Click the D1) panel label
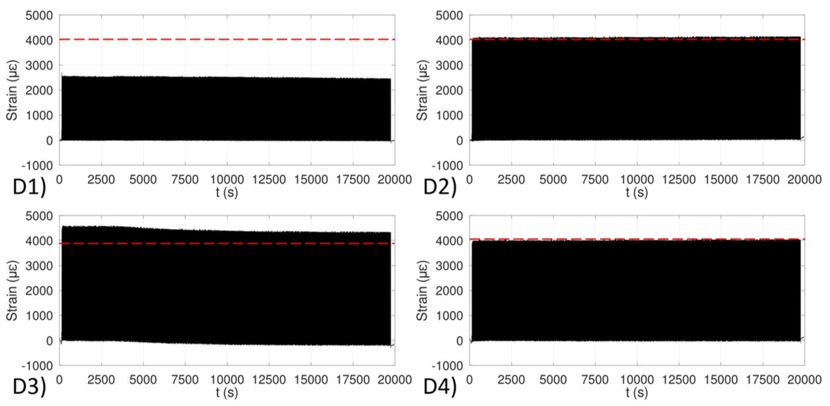(x=29, y=187)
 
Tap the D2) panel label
(x=440, y=187)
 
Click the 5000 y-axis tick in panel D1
(x=39, y=15)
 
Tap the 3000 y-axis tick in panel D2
(x=449, y=65)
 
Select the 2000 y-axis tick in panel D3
(x=39, y=291)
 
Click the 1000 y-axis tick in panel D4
(x=449, y=316)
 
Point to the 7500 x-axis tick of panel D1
(x=185, y=179)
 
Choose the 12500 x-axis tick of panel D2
(x=679, y=179)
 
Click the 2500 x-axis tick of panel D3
(x=101, y=380)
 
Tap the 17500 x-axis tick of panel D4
(x=763, y=380)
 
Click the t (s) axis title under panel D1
(x=227, y=192)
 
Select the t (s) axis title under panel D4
(x=637, y=393)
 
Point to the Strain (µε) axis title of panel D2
(x=422, y=90)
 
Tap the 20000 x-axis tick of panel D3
(x=395, y=380)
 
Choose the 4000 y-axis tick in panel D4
(x=449, y=241)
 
